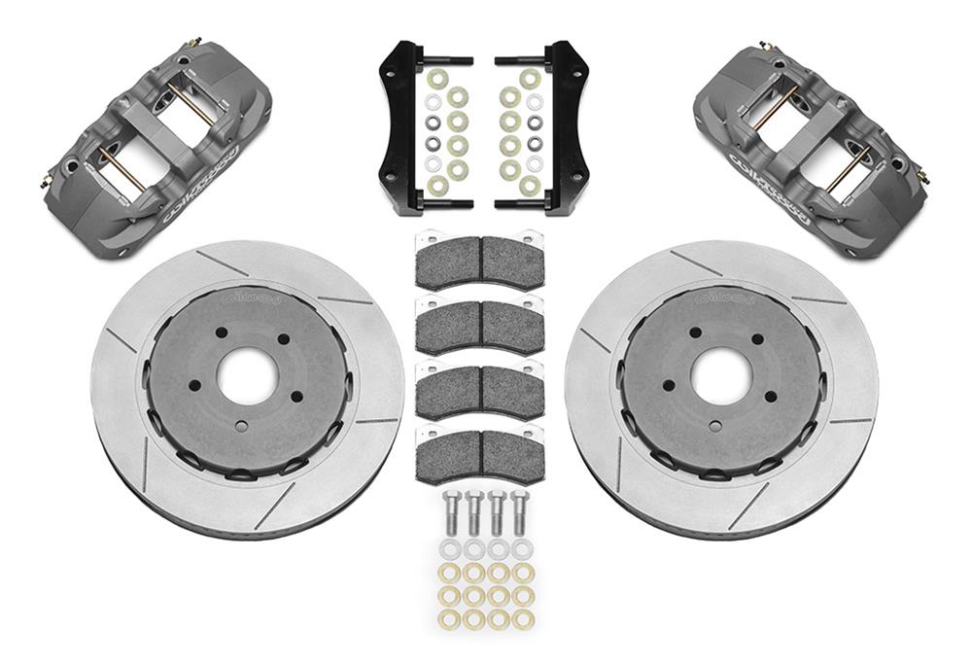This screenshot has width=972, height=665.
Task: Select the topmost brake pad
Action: [479, 260]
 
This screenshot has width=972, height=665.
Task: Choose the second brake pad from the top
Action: [479, 325]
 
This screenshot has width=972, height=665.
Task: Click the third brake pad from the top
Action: [479, 390]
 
